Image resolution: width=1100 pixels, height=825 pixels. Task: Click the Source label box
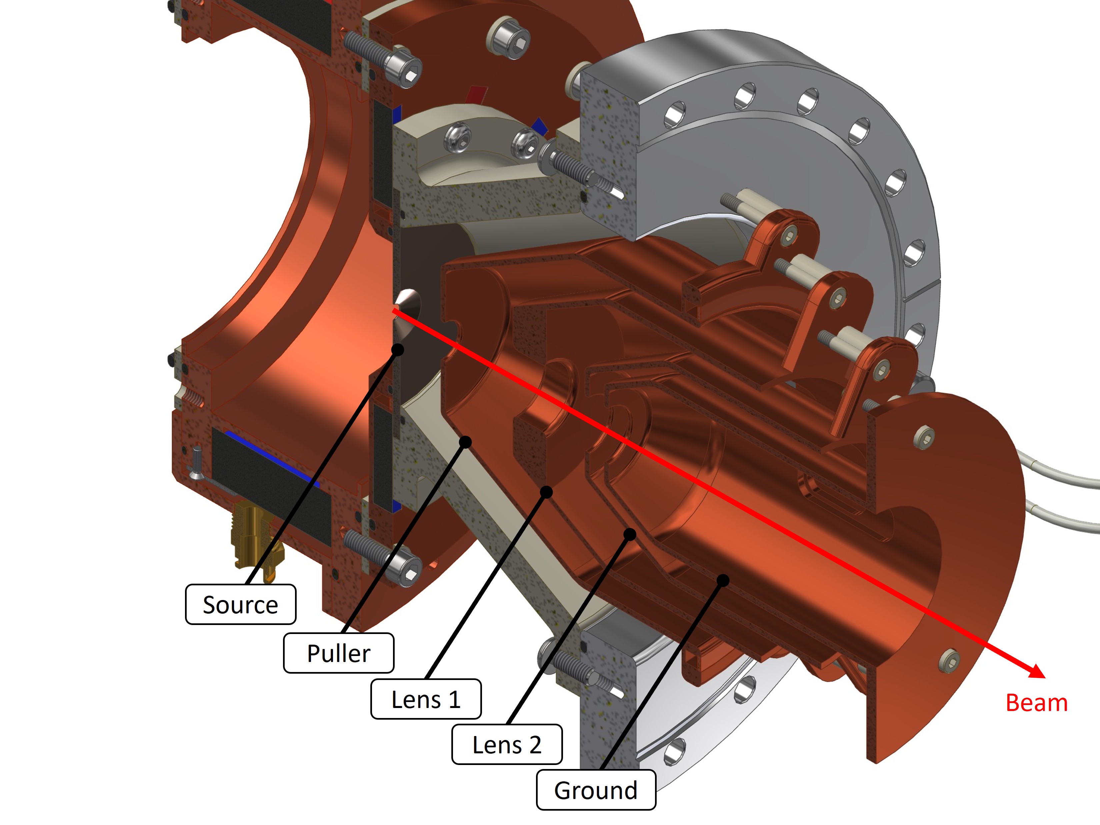[x=240, y=605]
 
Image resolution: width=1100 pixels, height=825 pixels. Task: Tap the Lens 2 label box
[x=506, y=744]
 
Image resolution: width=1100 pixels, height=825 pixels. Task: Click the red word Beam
[x=1036, y=703]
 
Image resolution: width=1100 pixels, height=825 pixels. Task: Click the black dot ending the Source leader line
[x=397, y=350]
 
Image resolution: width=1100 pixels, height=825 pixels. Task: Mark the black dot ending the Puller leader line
[x=465, y=442]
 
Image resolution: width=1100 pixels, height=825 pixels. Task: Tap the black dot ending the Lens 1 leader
[x=546, y=492]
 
